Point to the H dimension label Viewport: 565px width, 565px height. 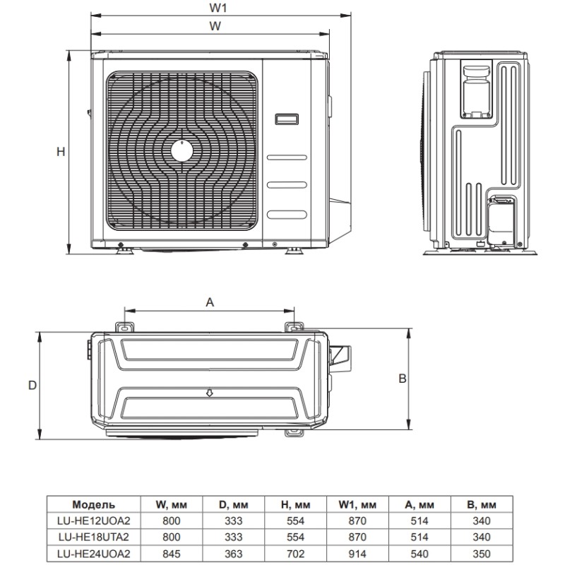pyautogui.click(x=61, y=152)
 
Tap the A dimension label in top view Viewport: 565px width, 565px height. pyautogui.click(x=209, y=302)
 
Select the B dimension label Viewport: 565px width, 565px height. pyautogui.click(x=402, y=379)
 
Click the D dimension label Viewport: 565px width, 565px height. pyautogui.click(x=32, y=385)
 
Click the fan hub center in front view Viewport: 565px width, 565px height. pyautogui.click(x=182, y=150)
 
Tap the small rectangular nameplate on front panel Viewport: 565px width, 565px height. pyautogui.click(x=287, y=119)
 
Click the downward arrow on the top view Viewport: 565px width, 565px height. pyautogui.click(x=209, y=392)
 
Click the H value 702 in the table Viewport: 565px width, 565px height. pyautogui.click(x=295, y=552)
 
